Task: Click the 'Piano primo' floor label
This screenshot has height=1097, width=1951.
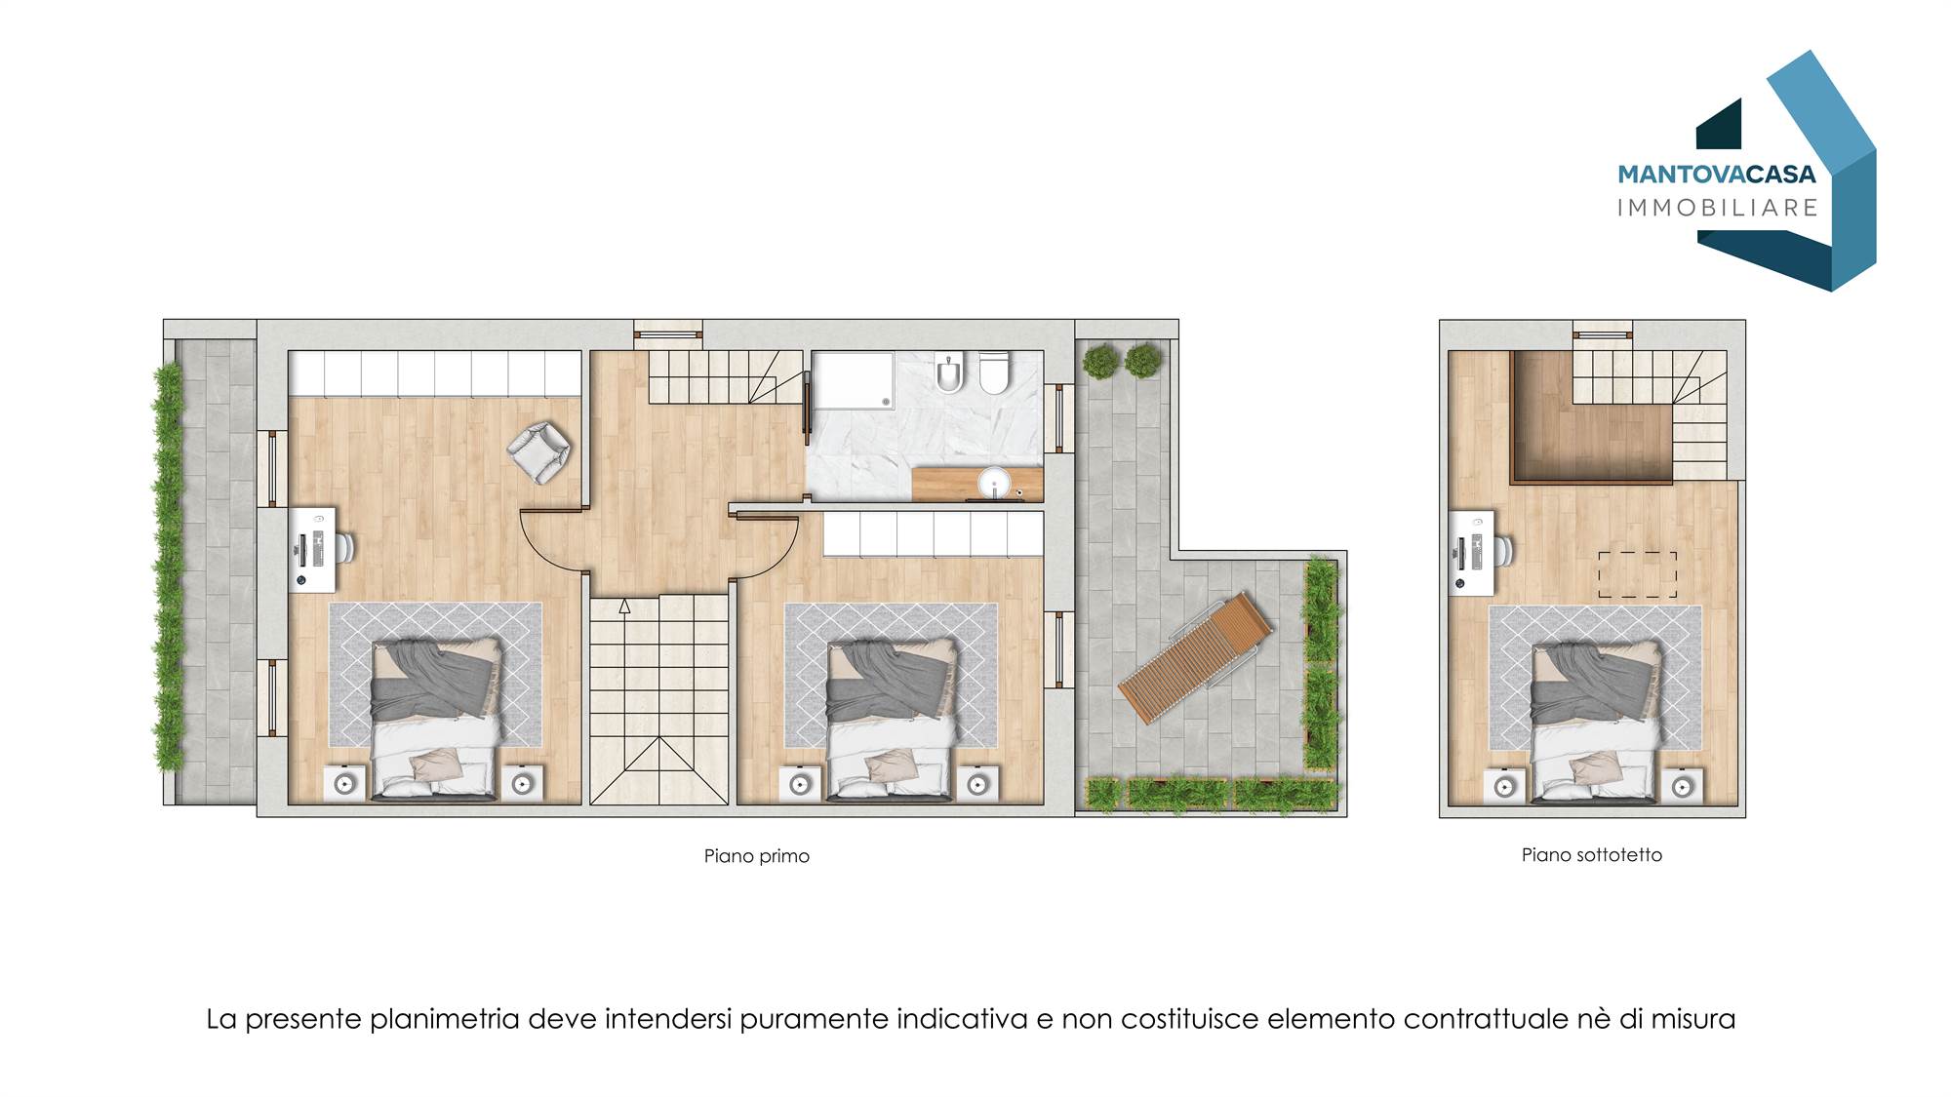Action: (757, 856)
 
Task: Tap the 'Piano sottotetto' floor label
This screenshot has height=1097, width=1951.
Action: (1592, 855)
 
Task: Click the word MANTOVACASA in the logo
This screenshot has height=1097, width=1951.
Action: (1717, 175)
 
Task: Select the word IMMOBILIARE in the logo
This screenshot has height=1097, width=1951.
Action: (1718, 208)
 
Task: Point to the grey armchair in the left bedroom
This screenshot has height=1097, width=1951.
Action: (538, 451)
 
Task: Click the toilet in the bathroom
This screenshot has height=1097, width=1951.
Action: (994, 372)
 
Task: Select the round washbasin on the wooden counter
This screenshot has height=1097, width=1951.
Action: (995, 483)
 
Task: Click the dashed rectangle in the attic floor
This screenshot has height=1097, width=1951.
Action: (1637, 574)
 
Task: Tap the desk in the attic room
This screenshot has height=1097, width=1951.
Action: (1472, 552)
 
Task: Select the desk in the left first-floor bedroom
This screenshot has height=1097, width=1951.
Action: (313, 550)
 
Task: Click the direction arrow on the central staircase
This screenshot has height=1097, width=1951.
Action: (624, 607)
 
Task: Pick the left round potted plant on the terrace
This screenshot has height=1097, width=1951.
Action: (1101, 362)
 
